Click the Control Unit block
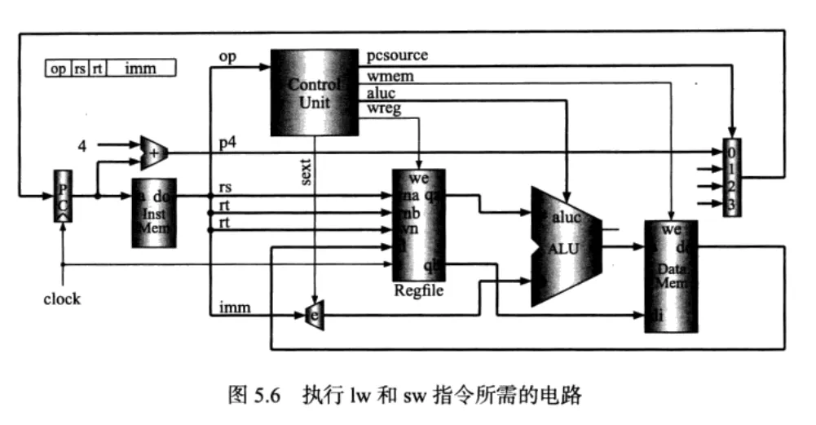pyautogui.click(x=315, y=91)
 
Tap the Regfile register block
pyautogui.click(x=419, y=224)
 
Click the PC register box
pyautogui.click(x=63, y=196)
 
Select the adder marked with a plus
pyautogui.click(x=153, y=150)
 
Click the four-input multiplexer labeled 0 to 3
pyautogui.click(x=731, y=178)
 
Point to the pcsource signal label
pyautogui.click(x=398, y=55)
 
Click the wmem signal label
pyautogui.click(x=391, y=76)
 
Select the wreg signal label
pyautogui.click(x=386, y=108)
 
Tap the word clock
pyautogui.click(x=62, y=299)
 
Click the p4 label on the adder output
pyautogui.click(x=227, y=142)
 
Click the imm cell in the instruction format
pyautogui.click(x=140, y=69)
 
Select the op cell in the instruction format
pyautogui.click(x=59, y=69)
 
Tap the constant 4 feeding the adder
pyautogui.click(x=82, y=146)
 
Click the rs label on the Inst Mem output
pyautogui.click(x=226, y=188)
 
